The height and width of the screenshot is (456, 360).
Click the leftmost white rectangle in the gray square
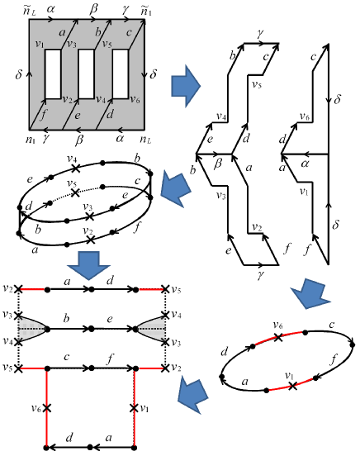point(53,74)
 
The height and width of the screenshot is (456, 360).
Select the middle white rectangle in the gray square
point(87,74)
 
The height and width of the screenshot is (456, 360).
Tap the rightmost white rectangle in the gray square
point(121,74)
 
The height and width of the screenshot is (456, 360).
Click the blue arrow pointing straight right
point(186,86)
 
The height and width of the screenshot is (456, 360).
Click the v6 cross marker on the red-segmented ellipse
point(278,337)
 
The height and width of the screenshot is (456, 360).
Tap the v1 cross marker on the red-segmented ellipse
point(293,386)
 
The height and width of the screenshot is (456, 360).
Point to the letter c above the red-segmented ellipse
point(331,324)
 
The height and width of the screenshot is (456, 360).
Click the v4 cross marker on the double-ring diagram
point(75,168)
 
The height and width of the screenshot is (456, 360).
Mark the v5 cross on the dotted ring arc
point(75,192)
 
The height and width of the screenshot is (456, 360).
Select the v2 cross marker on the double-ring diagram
point(91,240)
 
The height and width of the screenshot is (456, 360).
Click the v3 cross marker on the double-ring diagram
point(90,216)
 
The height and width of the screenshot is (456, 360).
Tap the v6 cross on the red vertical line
point(46,408)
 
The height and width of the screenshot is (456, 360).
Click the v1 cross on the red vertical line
point(134,408)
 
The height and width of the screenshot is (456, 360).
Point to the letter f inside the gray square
point(43,114)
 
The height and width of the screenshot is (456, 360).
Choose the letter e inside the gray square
point(77,116)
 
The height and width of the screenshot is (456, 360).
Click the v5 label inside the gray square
point(107,45)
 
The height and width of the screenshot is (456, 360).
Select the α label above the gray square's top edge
point(50,9)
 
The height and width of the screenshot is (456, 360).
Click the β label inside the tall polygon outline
point(218,164)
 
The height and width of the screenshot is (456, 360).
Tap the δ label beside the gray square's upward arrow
point(19,74)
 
